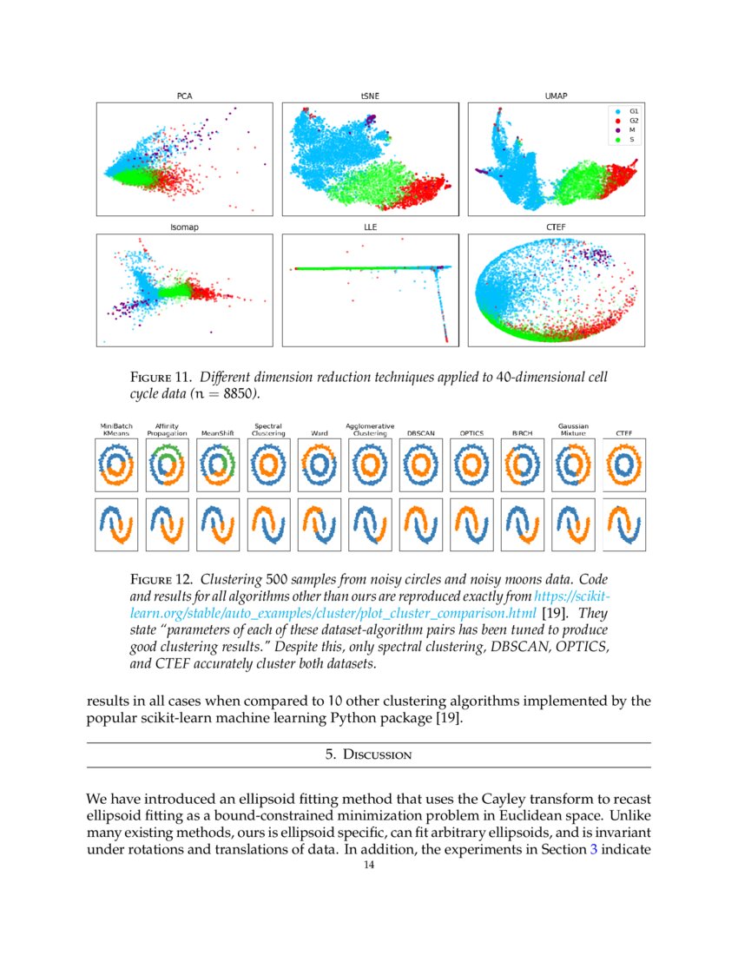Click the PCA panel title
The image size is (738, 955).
pos(184,95)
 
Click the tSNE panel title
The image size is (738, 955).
pos(370,95)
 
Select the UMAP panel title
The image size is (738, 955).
pos(556,95)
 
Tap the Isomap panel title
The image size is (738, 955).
pos(184,227)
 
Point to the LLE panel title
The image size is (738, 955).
pos(370,227)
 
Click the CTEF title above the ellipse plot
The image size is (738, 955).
pos(556,227)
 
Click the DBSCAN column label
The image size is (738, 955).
pos(421,432)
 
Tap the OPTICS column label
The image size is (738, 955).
pos(471,432)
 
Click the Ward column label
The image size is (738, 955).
pos(319,432)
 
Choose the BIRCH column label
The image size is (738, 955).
pos(522,432)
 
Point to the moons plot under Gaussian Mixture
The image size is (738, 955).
pos(573,524)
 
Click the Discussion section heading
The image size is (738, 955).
pos(369,755)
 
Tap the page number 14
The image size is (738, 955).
pos(369,865)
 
